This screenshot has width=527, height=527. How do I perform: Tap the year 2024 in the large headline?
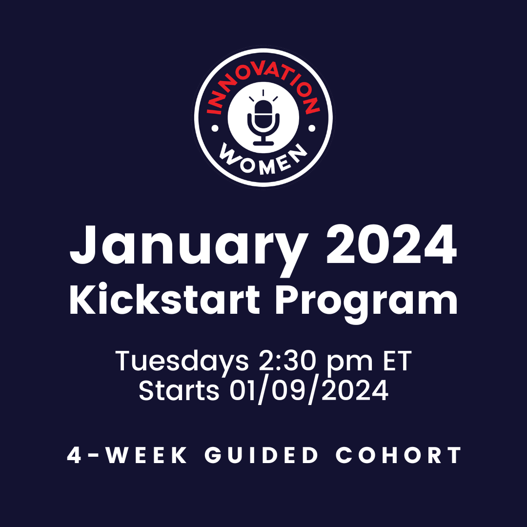coord(391,244)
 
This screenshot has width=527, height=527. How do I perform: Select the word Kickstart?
coord(165,299)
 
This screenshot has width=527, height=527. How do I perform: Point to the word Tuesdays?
coord(182,362)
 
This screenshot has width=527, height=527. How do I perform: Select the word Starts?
coord(179,390)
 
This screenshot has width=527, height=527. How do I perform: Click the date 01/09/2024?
coord(309,391)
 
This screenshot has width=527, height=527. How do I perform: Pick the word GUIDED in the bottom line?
coord(261,455)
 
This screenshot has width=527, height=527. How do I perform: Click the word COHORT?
coord(398,455)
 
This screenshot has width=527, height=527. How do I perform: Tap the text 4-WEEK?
coord(127,455)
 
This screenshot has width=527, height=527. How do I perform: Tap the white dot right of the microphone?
coord(312,128)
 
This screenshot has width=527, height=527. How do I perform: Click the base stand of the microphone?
coord(263,143)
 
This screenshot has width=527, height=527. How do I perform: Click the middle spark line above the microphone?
coord(263,93)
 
